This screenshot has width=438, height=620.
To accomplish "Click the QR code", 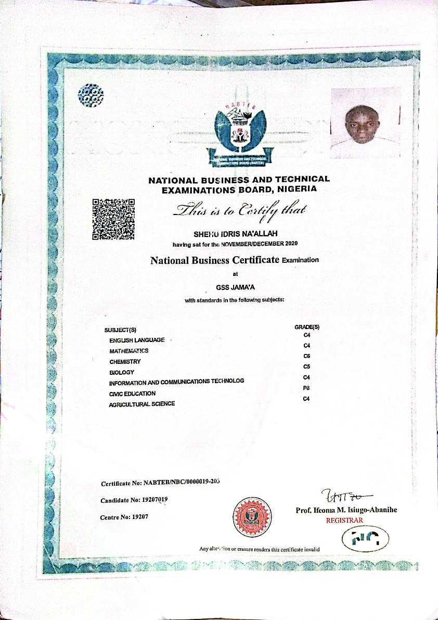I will point(113,220).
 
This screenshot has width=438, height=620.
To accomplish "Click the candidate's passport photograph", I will point(365,123).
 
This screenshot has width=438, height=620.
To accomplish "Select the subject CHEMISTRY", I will point(125,361).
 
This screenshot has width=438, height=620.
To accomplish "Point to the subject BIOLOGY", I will point(122,372).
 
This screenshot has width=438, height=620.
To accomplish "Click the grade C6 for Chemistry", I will point(306,356).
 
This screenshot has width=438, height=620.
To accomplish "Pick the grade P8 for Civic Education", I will point(306,388).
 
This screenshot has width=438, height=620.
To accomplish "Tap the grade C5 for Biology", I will point(306,366).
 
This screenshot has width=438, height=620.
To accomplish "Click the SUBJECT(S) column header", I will point(120,330).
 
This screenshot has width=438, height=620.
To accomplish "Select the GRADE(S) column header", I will point(307,327).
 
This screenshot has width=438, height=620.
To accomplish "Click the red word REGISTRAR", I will point(344,520).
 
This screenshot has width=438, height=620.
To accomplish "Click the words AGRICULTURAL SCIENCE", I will point(141,404).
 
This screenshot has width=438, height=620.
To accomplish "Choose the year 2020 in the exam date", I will point(290,244).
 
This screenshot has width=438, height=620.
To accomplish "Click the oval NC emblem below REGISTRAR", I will point(366,540).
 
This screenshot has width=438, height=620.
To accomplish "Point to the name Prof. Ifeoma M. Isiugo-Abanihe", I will point(346,510).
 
